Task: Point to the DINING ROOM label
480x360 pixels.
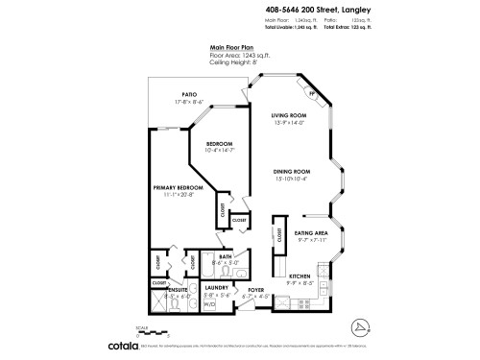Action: [290, 171]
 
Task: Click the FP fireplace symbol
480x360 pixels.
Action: [311, 93]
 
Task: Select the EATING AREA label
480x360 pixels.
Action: [313, 232]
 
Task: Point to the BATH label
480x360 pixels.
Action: [225, 256]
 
